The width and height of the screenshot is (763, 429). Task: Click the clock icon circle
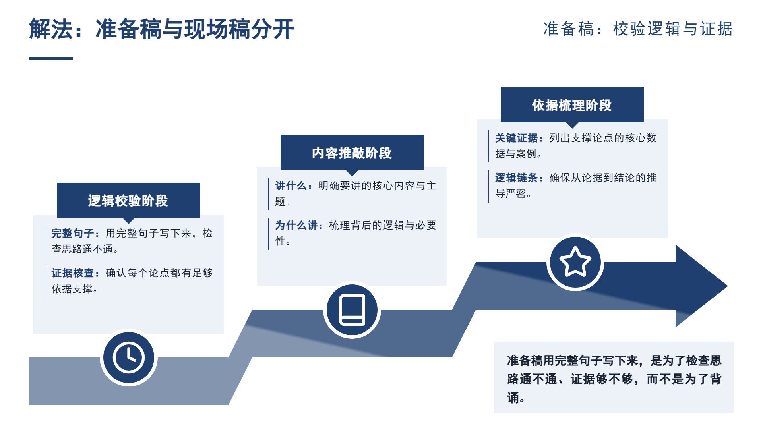tap(129, 357)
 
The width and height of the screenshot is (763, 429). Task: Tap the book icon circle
tap(352, 310)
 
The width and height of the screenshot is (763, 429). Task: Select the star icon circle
tap(575, 262)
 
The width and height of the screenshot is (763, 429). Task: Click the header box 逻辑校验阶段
tap(129, 200)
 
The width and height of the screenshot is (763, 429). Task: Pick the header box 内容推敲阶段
tap(352, 153)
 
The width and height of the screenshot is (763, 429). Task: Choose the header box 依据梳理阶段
tap(572, 105)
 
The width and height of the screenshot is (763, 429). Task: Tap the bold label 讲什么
tap(291, 186)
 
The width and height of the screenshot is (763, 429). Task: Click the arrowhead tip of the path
tap(727, 286)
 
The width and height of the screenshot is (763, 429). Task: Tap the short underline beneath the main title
tap(51, 58)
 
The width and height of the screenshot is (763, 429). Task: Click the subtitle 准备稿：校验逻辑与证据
tap(638, 29)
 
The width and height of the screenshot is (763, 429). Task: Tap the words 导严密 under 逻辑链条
tap(511, 193)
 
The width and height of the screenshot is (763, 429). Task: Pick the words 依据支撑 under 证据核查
tap(72, 289)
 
